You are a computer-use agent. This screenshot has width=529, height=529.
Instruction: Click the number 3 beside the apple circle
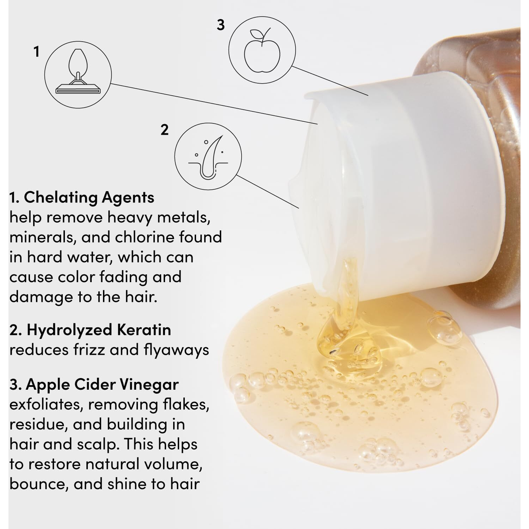coord(220,25)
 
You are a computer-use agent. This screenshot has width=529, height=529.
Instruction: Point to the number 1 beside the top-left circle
coord(36,52)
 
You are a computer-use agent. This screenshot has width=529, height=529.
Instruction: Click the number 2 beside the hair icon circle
coord(164,130)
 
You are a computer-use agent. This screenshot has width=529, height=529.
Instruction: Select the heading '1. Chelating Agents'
coord(82,197)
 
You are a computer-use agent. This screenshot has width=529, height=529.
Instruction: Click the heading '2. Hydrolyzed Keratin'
coord(90,330)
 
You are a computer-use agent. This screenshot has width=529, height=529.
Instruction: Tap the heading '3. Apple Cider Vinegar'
coord(94,384)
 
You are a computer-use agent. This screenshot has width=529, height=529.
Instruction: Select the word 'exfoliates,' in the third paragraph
coord(47,405)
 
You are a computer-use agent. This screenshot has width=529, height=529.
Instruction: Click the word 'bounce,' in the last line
coord(38,484)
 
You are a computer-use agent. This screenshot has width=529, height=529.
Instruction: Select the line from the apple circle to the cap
coord(330,81)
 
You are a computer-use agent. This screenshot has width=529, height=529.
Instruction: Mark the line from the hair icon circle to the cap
coord(268,191)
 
